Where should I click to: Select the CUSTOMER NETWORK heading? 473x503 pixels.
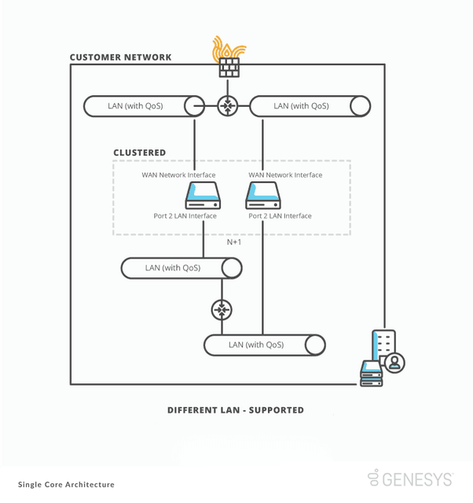(x=120, y=57)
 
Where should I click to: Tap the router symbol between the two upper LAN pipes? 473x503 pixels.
(x=228, y=106)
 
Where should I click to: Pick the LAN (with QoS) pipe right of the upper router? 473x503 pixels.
(x=310, y=106)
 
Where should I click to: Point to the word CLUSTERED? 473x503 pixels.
(x=139, y=153)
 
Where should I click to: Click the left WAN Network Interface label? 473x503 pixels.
(x=178, y=175)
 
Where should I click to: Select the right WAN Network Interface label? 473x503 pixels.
(x=285, y=175)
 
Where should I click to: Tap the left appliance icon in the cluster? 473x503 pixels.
(x=203, y=195)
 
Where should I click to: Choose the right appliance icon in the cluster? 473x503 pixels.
(x=262, y=195)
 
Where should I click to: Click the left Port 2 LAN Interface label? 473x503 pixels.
(x=185, y=216)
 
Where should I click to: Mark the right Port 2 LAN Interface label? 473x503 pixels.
(x=280, y=216)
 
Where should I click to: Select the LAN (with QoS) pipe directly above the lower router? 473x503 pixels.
(x=181, y=268)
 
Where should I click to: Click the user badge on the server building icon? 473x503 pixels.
(x=395, y=362)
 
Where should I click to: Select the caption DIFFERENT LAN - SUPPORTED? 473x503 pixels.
(x=236, y=410)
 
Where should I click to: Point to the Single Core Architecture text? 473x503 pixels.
(x=66, y=485)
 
